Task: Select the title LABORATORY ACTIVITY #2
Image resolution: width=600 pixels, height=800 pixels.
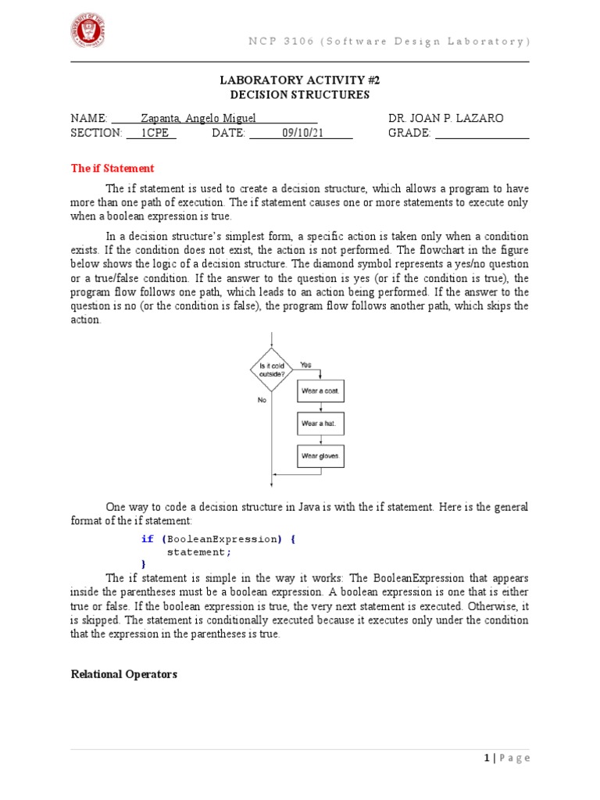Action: (300, 80)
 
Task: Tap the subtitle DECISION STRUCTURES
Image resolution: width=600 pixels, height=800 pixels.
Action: (300, 95)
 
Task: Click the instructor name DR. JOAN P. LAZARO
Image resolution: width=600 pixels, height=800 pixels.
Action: (446, 118)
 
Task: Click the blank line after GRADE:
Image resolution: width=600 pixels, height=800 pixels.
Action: (482, 134)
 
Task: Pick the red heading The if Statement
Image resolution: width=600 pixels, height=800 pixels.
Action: (112, 168)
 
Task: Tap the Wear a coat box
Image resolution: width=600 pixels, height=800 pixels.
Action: (320, 389)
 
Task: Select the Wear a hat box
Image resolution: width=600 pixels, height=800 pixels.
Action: (320, 423)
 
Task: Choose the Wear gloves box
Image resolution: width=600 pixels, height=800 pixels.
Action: (320, 455)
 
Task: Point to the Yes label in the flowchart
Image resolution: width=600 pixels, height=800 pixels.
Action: (305, 364)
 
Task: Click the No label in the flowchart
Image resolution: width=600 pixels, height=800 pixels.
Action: (262, 399)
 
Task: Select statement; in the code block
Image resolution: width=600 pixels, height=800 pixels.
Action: (200, 552)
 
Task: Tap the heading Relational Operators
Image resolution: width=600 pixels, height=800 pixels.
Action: (123, 673)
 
